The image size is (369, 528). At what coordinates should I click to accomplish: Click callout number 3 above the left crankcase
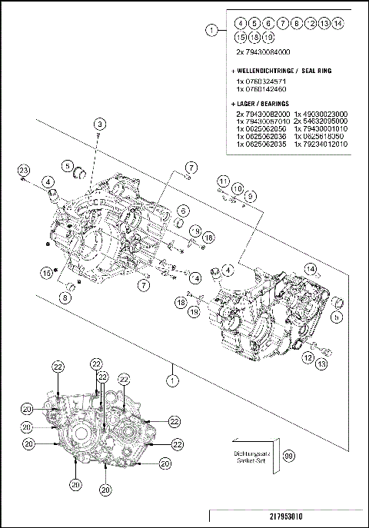pyautogui.click(x=99, y=124)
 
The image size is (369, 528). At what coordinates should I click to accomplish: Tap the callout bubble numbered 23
pyautogui.click(x=23, y=170)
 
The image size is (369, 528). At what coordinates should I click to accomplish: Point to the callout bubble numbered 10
pyautogui.click(x=237, y=188)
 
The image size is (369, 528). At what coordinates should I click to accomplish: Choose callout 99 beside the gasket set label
pyautogui.click(x=289, y=455)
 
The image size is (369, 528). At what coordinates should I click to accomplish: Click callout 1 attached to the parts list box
pyautogui.click(x=212, y=30)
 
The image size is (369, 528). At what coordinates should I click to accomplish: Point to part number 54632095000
pyautogui.click(x=323, y=121)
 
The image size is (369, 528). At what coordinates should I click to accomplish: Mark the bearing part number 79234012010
pyautogui.click(x=323, y=144)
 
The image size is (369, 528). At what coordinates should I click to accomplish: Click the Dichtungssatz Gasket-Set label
pyautogui.click(x=251, y=455)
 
